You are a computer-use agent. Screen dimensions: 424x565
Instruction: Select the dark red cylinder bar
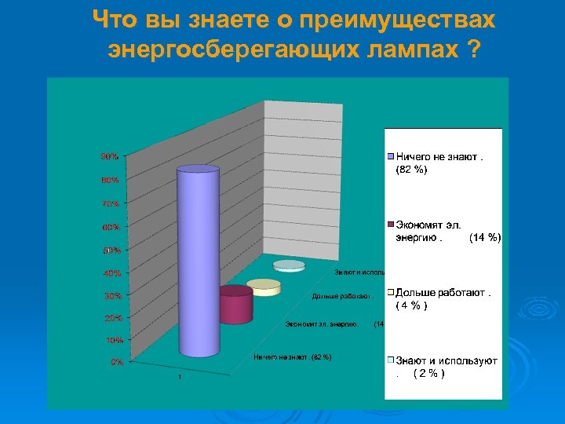[235, 305]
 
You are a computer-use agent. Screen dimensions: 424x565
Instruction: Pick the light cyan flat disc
[288, 265]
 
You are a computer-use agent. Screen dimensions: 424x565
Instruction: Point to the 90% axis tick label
[109, 156]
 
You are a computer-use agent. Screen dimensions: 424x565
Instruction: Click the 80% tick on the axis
[109, 180]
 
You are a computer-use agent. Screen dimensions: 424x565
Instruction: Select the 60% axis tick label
[110, 228]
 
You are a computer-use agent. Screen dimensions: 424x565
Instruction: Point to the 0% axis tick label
[115, 362]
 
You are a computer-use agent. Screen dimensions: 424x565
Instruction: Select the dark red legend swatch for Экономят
[389, 225]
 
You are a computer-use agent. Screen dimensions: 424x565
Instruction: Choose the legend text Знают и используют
[447, 360]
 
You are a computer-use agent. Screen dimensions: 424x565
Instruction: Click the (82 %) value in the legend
[412, 170]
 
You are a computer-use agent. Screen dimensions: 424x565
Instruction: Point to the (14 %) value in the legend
[484, 237]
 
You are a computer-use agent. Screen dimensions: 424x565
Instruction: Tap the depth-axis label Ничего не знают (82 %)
[292, 357]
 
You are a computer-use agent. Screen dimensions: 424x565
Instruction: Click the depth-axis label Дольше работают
[341, 296]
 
